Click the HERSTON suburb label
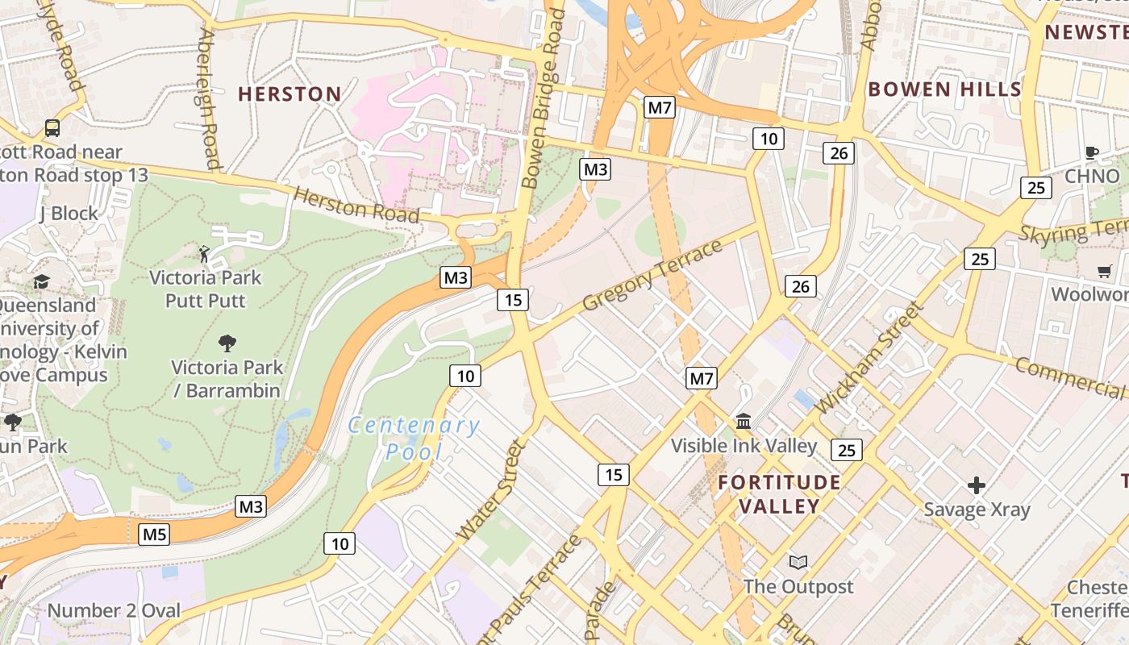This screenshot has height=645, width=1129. pos(290,94)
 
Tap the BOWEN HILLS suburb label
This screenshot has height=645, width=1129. pos(944,89)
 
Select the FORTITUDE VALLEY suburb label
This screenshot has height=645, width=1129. pos(779,494)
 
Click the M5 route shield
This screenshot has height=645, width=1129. pos(154,534)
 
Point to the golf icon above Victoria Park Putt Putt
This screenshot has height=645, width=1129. pos(204,255)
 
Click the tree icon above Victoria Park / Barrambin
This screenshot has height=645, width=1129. pos(227,343)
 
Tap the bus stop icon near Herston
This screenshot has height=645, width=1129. pos(52,128)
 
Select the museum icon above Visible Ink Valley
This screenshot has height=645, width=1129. pos(744,422)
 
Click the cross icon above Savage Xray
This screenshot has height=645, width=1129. pos(977,485)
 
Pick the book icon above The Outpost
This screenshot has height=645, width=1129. pos(798,562)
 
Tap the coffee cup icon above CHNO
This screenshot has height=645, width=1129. pos(1092,152)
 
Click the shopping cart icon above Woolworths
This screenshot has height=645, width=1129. pos(1104,271)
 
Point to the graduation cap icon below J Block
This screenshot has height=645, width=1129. pos(41,281)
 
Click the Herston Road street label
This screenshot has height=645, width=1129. pos(356,205)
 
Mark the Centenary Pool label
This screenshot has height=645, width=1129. pos(414,438)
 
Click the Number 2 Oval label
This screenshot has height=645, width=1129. pos(114,610)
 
